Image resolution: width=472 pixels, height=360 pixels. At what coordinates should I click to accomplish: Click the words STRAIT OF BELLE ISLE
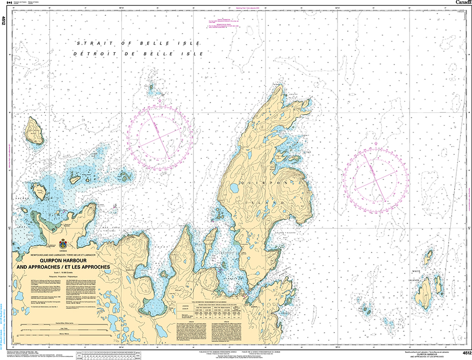pyautogui.click(x=138, y=44)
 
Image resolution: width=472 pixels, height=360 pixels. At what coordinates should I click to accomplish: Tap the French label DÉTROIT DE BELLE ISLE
pyautogui.click(x=138, y=53)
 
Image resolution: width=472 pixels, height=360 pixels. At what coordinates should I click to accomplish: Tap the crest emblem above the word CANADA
pyautogui.click(x=63, y=243)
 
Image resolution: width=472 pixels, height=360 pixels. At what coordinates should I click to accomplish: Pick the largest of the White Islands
pyautogui.click(x=425, y=291)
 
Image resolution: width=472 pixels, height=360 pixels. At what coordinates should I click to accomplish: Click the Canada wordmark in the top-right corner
pyautogui.click(x=462, y=3)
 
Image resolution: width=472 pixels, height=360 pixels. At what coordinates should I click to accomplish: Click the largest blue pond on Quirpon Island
pyautogui.click(x=235, y=188)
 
